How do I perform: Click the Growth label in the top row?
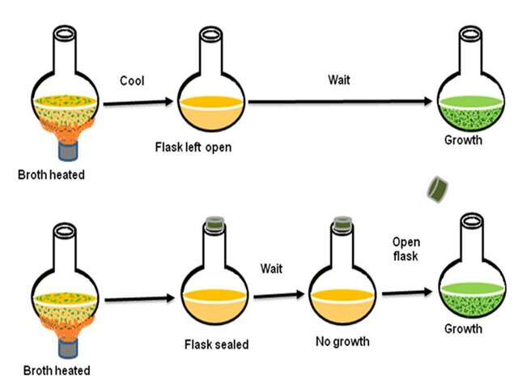[x=463, y=140]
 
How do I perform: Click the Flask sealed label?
[x=214, y=344]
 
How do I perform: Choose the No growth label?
[x=342, y=341]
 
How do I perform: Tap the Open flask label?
[x=405, y=249]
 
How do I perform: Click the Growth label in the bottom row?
[x=463, y=329]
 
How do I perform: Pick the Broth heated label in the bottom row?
[x=57, y=371]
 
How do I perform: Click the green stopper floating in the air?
[x=439, y=190]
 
